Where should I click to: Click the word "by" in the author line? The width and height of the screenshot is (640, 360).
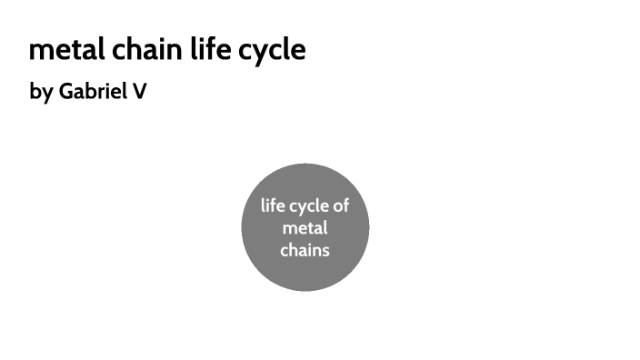[x=41, y=92]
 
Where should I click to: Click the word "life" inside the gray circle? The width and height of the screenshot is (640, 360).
[x=273, y=205]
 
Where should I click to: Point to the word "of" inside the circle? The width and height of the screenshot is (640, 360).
[x=341, y=205]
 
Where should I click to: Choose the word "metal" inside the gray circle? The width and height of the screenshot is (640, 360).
[x=305, y=227]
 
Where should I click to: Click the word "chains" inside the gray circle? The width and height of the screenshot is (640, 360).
[x=305, y=249]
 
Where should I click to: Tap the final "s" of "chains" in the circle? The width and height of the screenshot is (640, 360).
[x=325, y=249]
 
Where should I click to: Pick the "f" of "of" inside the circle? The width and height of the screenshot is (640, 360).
[x=345, y=205]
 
